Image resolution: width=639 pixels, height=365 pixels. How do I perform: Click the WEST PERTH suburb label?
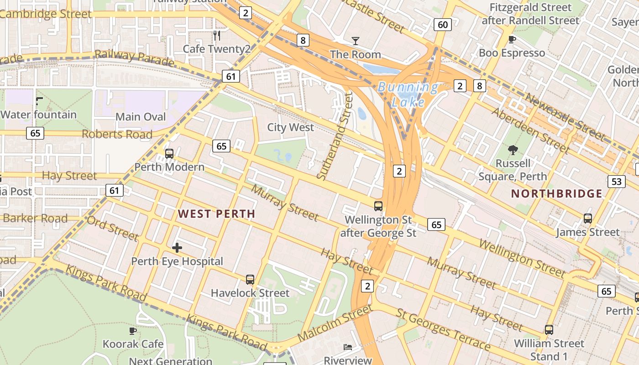click(216, 214)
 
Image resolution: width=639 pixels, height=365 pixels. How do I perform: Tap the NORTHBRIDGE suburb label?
click(556, 193)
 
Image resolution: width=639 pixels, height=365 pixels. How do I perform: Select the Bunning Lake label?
click(408, 94)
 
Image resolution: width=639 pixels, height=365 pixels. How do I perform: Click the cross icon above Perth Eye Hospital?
click(177, 248)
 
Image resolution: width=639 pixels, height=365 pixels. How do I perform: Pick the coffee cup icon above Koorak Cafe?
click(133, 330)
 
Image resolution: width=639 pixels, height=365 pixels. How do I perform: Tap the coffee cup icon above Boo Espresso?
click(512, 40)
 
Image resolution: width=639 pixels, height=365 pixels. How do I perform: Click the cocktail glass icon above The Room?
click(356, 41)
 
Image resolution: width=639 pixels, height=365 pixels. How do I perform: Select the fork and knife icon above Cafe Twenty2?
click(217, 35)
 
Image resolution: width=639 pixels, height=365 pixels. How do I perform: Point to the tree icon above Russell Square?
click(513, 150)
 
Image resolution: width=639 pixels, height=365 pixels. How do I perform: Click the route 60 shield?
click(442, 25)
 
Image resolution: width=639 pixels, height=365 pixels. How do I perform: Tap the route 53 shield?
click(616, 182)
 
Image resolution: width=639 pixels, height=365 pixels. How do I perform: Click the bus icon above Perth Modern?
click(169, 154)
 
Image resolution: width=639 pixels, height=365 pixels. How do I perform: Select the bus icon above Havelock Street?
click(250, 280)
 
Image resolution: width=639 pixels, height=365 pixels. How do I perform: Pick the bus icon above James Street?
click(588, 219)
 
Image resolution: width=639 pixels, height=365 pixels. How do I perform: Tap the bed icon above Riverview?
click(348, 347)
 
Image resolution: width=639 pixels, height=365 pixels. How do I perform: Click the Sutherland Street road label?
click(335, 136)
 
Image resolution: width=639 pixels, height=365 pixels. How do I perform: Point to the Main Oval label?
click(141, 117)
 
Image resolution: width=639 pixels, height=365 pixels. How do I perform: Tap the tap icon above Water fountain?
click(39, 101)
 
